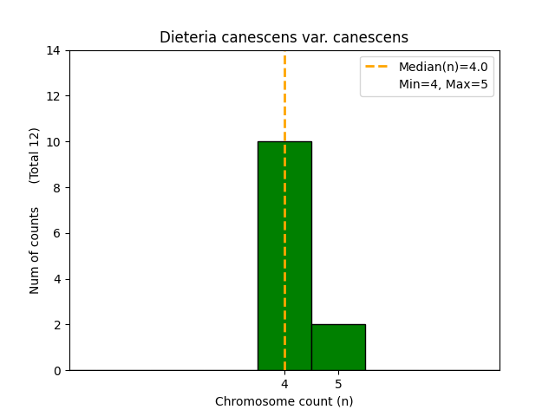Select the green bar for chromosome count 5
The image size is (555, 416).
tap(338, 348)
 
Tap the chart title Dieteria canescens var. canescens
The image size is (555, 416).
tap(284, 37)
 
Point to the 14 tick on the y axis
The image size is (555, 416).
tap(54, 50)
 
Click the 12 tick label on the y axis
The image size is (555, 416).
tap(54, 96)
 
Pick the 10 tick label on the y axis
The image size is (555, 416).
tap(54, 142)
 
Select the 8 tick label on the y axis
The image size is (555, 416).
tap(57, 187)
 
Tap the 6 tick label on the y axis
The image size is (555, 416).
tap(57, 233)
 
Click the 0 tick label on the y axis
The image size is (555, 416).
tap(57, 371)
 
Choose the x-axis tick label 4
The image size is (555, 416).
tap(284, 384)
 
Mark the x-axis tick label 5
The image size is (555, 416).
tap(338, 384)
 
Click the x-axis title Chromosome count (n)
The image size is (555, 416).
tap(284, 401)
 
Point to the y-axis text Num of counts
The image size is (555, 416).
tap(35, 250)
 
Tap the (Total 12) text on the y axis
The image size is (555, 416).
tap(35, 155)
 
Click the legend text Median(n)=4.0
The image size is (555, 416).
tap(443, 67)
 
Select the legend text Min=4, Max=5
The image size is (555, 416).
tap(443, 84)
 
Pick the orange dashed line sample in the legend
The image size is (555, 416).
tap(379, 67)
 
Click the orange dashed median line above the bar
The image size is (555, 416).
tap(284, 95)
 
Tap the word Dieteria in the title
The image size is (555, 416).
tap(185, 37)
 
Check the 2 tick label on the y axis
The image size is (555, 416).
tap(57, 325)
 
